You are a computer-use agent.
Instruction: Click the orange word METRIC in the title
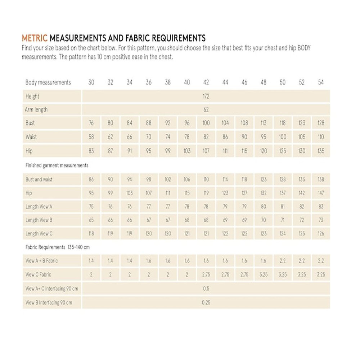35,38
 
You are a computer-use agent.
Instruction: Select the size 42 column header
206,82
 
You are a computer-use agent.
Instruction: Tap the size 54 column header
321,82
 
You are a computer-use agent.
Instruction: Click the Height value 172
206,96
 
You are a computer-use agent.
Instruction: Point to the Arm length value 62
206,110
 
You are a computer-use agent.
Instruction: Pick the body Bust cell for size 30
91,123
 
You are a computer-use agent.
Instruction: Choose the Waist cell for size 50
283,137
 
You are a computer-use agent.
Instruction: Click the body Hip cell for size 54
321,151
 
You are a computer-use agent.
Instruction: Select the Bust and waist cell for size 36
149,179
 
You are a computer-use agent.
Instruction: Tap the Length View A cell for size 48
264,207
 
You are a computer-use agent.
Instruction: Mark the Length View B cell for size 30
91,220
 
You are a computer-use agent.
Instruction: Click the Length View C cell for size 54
321,234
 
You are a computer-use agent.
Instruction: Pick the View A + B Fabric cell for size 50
283,261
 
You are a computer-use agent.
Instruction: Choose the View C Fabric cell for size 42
206,274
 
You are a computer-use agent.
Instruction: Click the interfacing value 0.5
206,289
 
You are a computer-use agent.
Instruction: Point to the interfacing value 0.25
206,303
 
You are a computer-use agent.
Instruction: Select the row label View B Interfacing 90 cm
49,303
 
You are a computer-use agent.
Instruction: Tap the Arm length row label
36,110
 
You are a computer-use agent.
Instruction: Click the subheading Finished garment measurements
57,166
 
